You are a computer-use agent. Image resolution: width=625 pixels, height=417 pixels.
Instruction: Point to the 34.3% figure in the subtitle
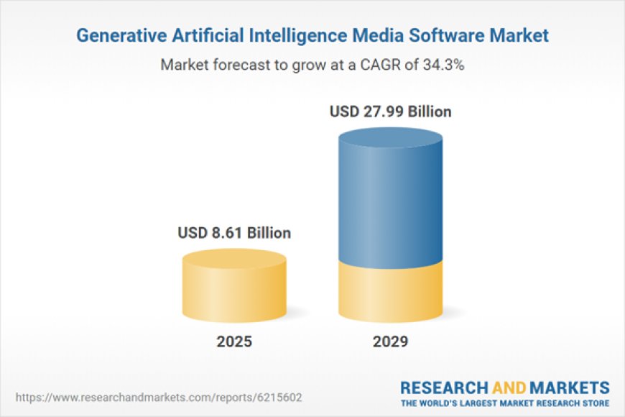[x=445, y=65]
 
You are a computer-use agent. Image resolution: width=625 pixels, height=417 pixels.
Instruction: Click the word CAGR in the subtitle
[x=384, y=65]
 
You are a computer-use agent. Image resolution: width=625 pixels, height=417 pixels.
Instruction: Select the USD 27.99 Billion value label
[x=390, y=112]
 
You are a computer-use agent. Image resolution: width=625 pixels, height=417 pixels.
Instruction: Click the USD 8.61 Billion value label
[x=234, y=233]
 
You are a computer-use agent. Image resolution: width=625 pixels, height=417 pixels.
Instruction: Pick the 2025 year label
[x=234, y=342]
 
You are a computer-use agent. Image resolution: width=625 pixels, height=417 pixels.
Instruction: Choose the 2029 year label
[x=390, y=342]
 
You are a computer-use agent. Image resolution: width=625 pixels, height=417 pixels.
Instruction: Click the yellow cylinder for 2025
[x=234, y=291]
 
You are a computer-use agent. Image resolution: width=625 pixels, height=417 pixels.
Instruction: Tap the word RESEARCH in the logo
[x=440, y=387]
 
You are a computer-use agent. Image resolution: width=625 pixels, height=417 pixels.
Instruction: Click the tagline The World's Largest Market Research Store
[x=505, y=403]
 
